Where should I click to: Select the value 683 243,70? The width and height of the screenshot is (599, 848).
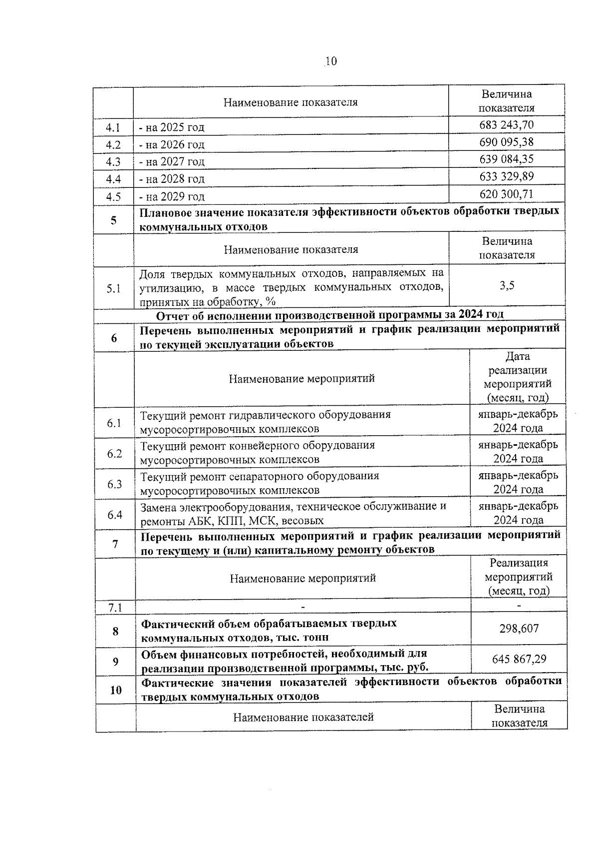click(506, 125)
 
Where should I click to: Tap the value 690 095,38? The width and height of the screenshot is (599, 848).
click(506, 142)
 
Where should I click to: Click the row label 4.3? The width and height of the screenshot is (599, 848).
click(113, 162)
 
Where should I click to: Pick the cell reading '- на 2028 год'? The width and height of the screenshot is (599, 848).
click(172, 179)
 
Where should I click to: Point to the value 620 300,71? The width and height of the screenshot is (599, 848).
click(507, 194)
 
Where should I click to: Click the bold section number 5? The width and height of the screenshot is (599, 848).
click(114, 220)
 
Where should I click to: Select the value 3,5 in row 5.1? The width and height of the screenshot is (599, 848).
click(507, 286)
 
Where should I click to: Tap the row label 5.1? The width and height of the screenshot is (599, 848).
click(114, 288)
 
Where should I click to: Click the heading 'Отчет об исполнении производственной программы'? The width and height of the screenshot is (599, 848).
click(329, 315)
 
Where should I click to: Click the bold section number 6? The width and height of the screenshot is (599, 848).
click(114, 338)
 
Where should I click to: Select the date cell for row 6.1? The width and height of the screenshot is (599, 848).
click(518, 421)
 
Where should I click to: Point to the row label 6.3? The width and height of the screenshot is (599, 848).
click(115, 484)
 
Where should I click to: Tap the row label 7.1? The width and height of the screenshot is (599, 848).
click(115, 608)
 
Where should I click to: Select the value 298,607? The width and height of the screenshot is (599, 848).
click(519, 629)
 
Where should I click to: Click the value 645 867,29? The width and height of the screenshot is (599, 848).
click(519, 659)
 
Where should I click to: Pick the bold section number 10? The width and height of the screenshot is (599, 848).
click(116, 690)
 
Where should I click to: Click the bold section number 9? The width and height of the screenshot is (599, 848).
click(116, 662)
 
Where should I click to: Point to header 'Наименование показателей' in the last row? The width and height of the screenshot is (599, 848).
click(303, 718)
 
